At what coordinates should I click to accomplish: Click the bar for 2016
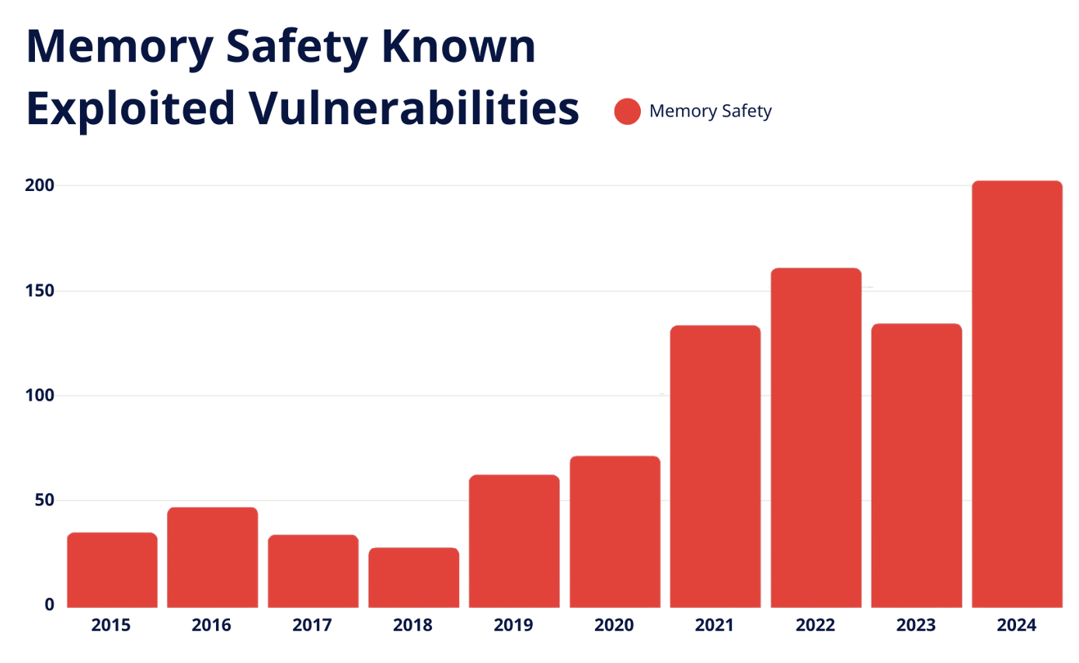212,557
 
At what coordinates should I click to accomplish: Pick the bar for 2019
513,540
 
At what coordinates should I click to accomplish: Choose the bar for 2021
715,466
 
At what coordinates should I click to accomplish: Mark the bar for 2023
916,465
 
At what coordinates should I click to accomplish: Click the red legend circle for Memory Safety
627,111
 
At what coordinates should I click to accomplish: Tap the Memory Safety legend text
710,111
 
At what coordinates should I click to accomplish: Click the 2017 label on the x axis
312,625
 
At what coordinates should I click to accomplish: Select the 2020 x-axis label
614,625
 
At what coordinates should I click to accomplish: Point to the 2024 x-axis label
1016,625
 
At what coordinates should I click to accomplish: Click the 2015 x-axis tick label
111,625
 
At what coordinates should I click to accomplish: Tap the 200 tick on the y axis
40,185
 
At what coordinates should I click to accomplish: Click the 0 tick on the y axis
49,606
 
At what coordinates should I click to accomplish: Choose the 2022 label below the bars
815,625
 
